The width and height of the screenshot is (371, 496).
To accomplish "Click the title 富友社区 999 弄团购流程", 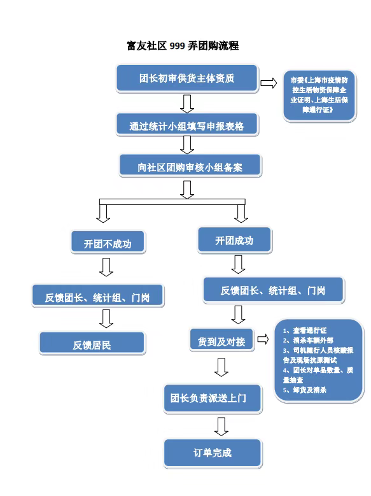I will pos(183,46).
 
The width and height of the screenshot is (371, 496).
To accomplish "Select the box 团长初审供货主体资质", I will pos(186,79).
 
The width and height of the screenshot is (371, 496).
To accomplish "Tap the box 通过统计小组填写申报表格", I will pos(186,126).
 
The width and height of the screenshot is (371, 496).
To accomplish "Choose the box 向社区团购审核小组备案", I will pos(190,167).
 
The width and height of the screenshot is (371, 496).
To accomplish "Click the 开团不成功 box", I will pos(108,243).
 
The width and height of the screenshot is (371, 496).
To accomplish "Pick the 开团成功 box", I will pos(234,241).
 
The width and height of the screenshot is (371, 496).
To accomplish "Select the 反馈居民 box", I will pos(92,344).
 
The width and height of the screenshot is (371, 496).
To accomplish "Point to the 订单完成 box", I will pos(213,453).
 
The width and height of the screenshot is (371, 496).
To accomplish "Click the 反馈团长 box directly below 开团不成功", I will pos(97,297).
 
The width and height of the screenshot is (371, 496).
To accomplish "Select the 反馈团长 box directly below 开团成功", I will pos(273,290).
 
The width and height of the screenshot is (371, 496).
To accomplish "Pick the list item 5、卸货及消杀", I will pos(305,390).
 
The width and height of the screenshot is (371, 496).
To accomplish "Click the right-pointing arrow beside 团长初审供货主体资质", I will pos(269,83).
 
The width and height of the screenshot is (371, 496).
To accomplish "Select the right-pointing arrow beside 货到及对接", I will pos(262,340).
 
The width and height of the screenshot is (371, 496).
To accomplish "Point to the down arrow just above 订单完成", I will pos(221,426).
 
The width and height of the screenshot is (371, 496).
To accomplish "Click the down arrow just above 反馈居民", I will pos(106,318).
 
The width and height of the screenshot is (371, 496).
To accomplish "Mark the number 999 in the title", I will pos(177,46).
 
